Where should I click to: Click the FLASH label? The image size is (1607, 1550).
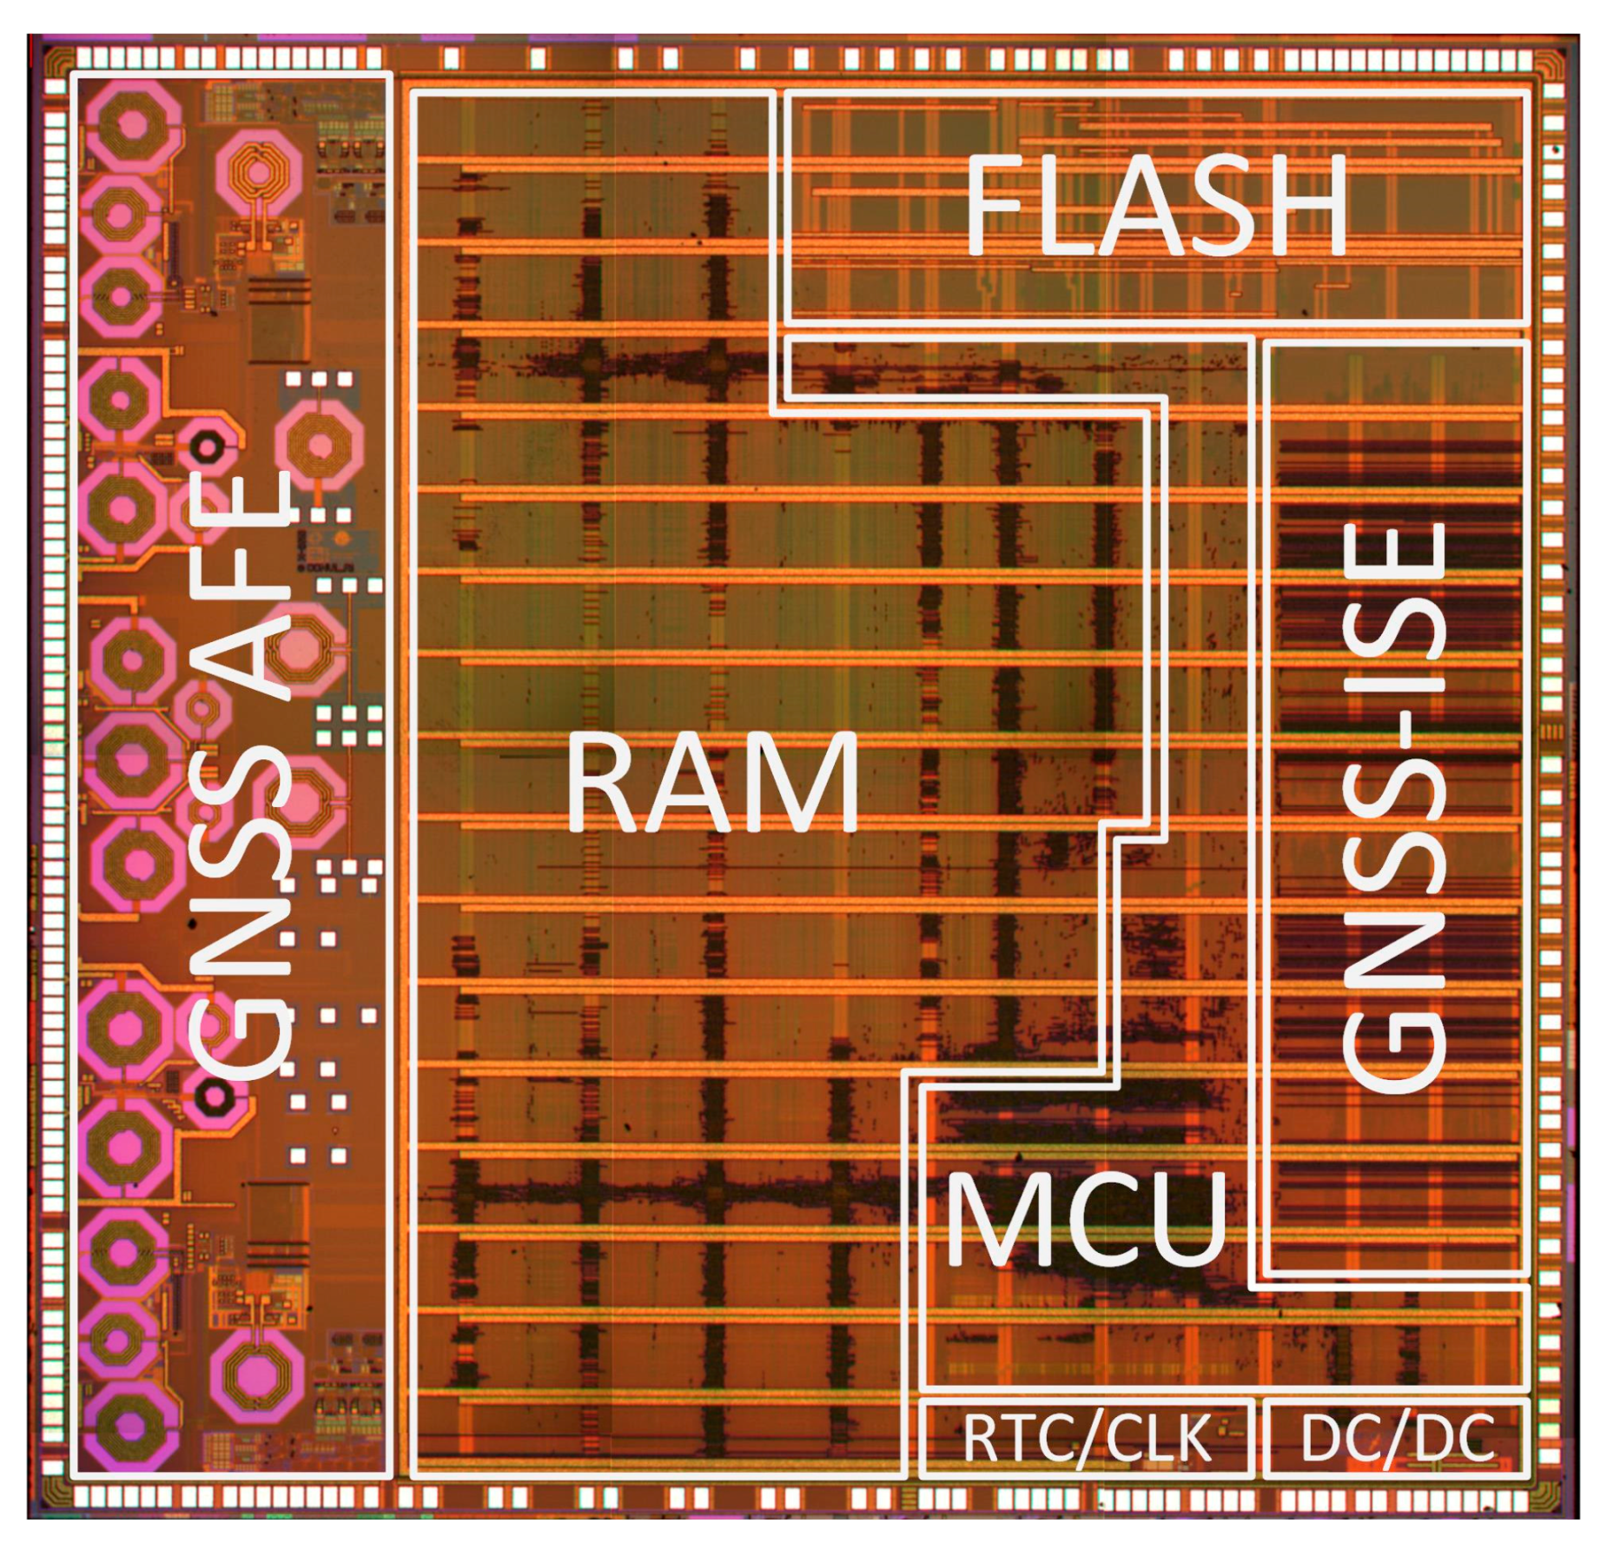click(1155, 205)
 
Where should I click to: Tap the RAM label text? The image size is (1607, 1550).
click(712, 782)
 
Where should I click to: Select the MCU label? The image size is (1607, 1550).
click(1086, 1218)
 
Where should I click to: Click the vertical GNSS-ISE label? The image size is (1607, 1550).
click(1394, 808)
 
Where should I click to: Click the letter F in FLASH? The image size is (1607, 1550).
click(994, 205)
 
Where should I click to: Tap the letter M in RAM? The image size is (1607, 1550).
click(808, 782)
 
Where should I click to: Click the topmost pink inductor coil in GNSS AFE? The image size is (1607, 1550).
click(130, 127)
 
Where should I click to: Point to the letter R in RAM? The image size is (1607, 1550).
click(608, 782)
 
